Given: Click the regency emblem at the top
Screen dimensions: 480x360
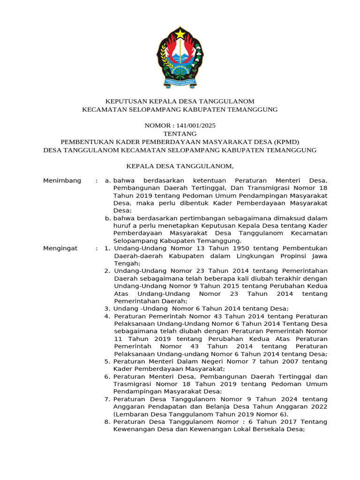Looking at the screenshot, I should pyautogui.click(x=180, y=57).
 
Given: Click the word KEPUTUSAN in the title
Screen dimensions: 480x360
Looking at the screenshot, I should pyautogui.click(x=125, y=101).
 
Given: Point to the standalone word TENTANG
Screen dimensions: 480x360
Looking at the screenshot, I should pyautogui.click(x=180, y=134).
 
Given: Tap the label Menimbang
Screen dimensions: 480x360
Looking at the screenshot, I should pyautogui.click(x=62, y=180).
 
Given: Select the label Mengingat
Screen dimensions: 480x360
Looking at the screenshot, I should pyautogui.click(x=60, y=248).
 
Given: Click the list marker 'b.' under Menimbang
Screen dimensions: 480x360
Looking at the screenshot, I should pyautogui.click(x=108, y=218).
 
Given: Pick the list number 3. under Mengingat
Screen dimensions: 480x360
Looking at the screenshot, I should pyautogui.click(x=107, y=308).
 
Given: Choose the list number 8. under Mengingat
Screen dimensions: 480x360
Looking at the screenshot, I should pyautogui.click(x=107, y=422).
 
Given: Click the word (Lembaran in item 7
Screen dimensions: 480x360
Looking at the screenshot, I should pyautogui.click(x=130, y=414).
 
